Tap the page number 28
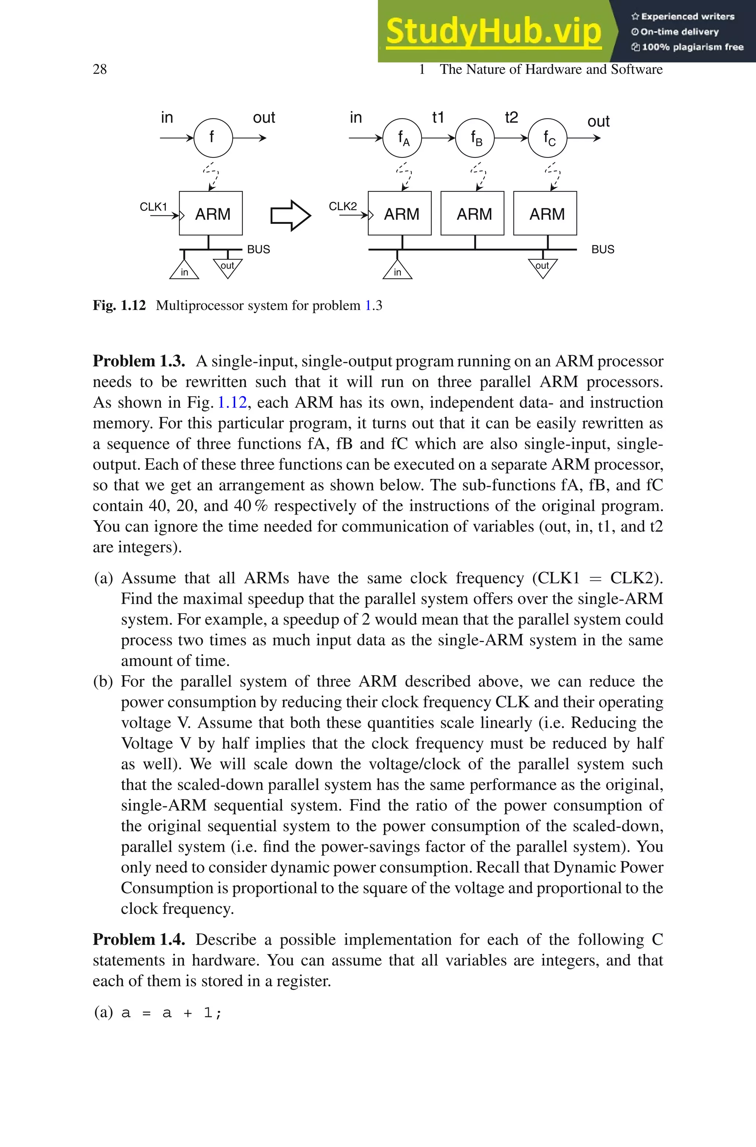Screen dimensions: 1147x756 tap(100, 69)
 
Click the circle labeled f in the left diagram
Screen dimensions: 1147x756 tap(213, 138)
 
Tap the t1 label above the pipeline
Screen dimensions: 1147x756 tap(438, 117)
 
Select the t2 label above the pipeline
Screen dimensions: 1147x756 tap(511, 117)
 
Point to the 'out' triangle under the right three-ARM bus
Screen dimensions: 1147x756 tap(542, 267)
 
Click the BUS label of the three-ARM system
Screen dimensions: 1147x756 tap(603, 249)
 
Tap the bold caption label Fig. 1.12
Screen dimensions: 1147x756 tap(119, 305)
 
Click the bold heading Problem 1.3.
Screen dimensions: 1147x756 tap(139, 361)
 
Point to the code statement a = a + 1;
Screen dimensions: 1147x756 tap(171, 1013)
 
